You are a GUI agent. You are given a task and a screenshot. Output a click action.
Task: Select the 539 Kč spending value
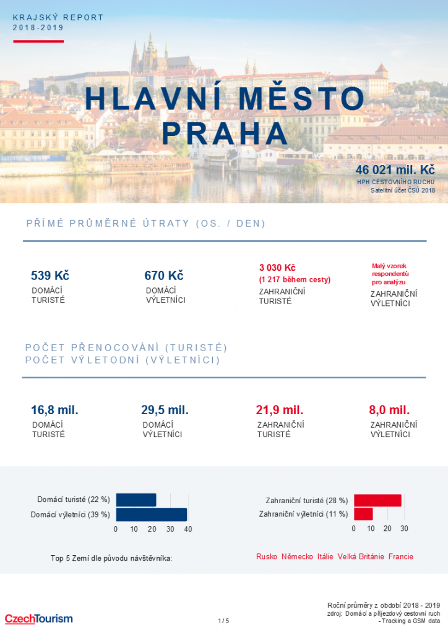(50, 276)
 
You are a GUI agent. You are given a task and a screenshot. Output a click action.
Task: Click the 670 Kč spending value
(164, 276)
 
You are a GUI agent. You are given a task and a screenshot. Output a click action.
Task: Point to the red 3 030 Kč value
(277, 268)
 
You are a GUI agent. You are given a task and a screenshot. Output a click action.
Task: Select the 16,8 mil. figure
(54, 410)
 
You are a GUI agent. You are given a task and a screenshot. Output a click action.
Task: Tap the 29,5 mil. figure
(165, 410)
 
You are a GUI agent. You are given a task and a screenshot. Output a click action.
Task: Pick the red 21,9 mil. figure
(280, 410)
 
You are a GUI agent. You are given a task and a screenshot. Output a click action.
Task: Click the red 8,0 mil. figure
(390, 410)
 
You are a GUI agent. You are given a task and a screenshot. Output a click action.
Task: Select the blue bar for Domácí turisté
(136, 499)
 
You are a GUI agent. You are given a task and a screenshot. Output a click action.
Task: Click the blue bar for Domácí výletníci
(152, 514)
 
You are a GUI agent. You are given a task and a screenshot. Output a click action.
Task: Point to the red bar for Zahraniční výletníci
(363, 514)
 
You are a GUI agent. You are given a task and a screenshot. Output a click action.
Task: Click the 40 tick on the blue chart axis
(188, 529)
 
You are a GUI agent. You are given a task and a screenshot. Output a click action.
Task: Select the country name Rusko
(267, 557)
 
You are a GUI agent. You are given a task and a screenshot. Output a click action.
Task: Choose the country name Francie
(401, 557)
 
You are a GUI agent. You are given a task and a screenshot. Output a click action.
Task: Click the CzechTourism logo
(38, 618)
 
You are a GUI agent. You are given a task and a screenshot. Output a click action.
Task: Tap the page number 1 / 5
(223, 621)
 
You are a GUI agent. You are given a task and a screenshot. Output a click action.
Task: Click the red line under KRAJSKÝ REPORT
(38, 41)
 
